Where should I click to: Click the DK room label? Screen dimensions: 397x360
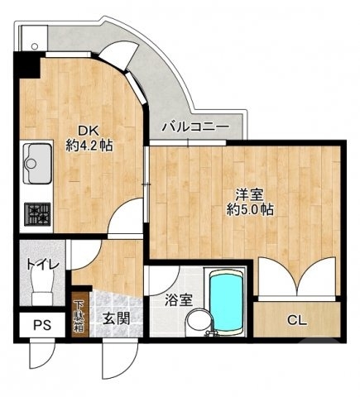coord(89,129)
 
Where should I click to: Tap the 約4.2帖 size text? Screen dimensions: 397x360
coord(89,145)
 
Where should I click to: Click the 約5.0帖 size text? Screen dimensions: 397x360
coord(248,209)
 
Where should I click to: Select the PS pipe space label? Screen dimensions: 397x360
coord(41,324)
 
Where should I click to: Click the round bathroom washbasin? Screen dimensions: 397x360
coord(196,320)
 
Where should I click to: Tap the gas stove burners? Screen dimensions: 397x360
coord(37,213)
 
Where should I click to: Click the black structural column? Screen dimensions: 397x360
coord(26,64)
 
